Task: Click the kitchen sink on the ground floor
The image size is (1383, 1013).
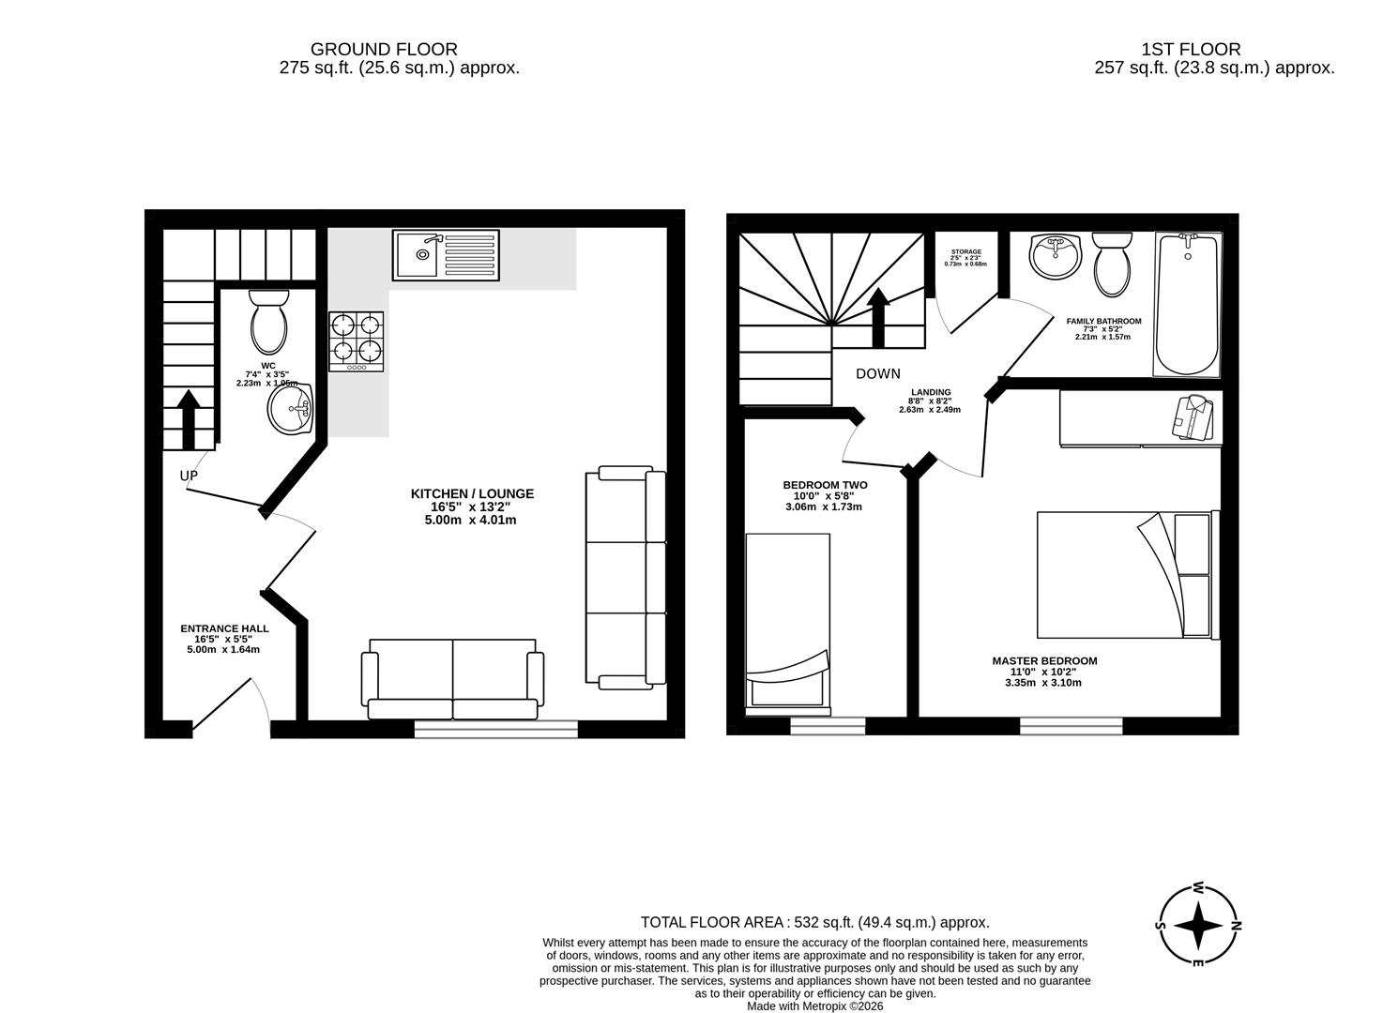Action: point(447,255)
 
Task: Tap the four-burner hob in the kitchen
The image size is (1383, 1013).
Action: point(357,340)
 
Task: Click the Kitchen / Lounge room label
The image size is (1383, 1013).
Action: point(472,493)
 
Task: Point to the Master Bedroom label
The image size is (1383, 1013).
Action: point(1044,660)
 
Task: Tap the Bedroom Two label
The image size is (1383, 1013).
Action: point(825,485)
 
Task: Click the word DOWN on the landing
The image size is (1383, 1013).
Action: point(877,373)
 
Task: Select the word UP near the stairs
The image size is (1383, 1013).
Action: point(189,476)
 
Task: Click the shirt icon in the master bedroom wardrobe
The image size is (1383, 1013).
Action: point(1192,417)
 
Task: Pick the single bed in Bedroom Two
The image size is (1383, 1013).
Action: point(788,620)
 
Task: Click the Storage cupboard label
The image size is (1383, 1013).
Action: point(965,252)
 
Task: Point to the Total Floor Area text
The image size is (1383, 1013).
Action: point(814,922)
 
